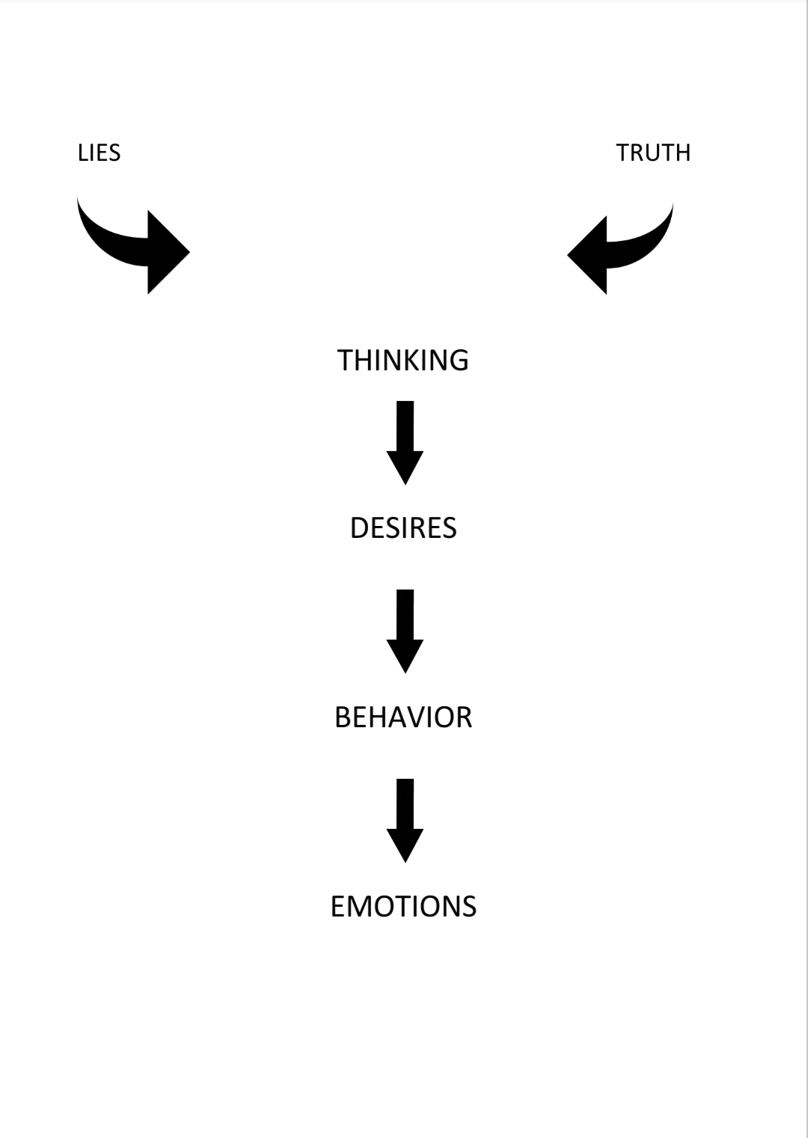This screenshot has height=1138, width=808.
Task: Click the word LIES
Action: (99, 153)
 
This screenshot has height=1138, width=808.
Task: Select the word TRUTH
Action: (653, 153)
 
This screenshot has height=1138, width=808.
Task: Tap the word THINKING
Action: (403, 360)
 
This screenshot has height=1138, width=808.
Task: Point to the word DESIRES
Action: (403, 527)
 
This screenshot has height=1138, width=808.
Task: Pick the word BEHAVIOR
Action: (403, 718)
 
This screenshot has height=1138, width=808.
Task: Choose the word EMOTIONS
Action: (403, 907)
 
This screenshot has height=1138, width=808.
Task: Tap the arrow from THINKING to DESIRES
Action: (405, 442)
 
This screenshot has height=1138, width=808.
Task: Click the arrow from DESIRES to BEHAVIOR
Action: (405, 631)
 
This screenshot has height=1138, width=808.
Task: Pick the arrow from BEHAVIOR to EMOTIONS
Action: (405, 821)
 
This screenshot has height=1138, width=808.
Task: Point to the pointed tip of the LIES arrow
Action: (190, 251)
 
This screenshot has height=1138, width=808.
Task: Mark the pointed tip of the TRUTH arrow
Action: (567, 255)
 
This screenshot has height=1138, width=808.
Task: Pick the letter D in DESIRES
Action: (360, 527)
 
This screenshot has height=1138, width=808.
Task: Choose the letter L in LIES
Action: (82, 153)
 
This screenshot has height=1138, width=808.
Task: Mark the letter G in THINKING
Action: (459, 360)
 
